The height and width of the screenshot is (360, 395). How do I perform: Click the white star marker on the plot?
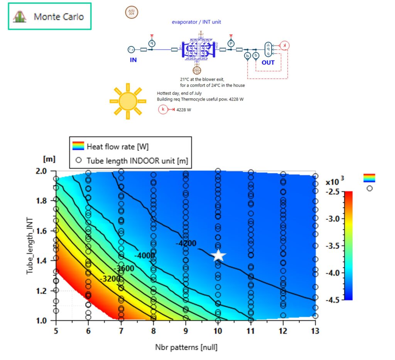point(219,255)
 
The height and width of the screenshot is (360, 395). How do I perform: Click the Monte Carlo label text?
point(59,17)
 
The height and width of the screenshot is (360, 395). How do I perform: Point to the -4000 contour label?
point(145,255)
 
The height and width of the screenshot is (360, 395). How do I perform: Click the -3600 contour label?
point(124,268)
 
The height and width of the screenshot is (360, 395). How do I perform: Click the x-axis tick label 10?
point(218,330)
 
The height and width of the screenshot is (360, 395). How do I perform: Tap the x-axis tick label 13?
point(315,330)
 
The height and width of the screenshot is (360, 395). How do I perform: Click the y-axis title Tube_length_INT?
point(30,246)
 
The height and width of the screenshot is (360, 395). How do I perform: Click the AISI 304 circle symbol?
point(132,12)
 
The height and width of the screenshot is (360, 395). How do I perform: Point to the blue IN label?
point(133,60)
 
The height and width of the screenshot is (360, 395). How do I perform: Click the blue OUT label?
point(268,62)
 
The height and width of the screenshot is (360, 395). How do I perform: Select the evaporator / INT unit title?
point(196,22)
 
